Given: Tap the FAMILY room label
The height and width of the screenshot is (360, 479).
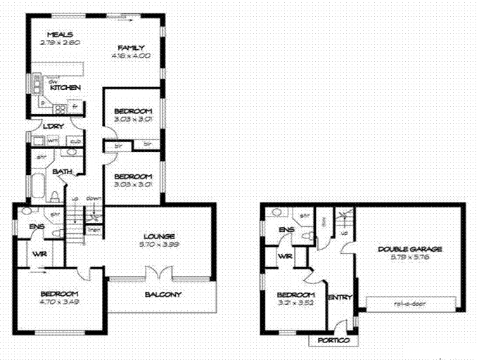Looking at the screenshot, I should click(131, 48).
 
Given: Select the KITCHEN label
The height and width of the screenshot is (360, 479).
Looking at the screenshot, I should click(69, 87).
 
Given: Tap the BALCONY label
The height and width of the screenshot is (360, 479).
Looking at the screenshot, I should click(162, 294).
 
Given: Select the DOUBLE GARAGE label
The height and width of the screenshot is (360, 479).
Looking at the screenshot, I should click(409, 249).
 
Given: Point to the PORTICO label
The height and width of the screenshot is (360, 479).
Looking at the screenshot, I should click(334, 340).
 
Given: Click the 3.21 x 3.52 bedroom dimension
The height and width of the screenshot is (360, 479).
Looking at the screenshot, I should click(295, 303).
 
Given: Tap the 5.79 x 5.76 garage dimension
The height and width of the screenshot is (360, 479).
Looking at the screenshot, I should click(409, 257).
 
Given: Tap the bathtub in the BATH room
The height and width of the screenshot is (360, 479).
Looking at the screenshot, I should click(37, 188).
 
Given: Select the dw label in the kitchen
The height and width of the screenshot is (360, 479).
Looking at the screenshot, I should click(53, 81).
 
